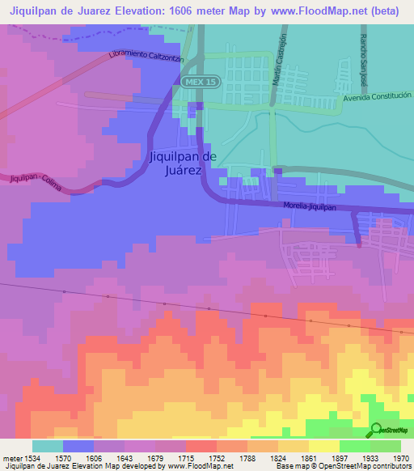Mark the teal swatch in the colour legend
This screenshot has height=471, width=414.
pos(48,446)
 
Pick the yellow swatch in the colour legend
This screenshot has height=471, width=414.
pos(324,446)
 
